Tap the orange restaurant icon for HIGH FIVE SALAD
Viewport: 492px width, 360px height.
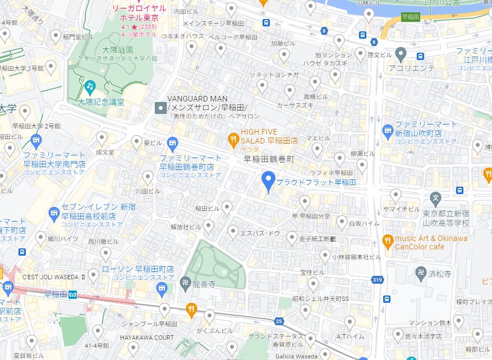[x=233, y=139]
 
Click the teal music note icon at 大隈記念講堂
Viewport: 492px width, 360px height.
[x=89, y=86]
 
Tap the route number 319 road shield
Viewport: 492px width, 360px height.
[x=377, y=279]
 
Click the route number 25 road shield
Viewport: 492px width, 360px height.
[x=279, y=321]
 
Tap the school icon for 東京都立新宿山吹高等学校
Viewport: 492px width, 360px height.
[x=435, y=198]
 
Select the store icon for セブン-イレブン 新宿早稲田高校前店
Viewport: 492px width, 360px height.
[x=54, y=212]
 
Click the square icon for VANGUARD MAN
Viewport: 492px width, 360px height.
[x=160, y=107]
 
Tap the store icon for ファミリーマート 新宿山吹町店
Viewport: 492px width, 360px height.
[x=388, y=132]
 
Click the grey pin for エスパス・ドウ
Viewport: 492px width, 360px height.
[x=233, y=230]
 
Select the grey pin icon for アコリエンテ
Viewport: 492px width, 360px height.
[x=400, y=54]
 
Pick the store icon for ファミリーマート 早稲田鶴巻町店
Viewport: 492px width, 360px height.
[x=173, y=142]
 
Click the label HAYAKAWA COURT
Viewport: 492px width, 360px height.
[x=147, y=338]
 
